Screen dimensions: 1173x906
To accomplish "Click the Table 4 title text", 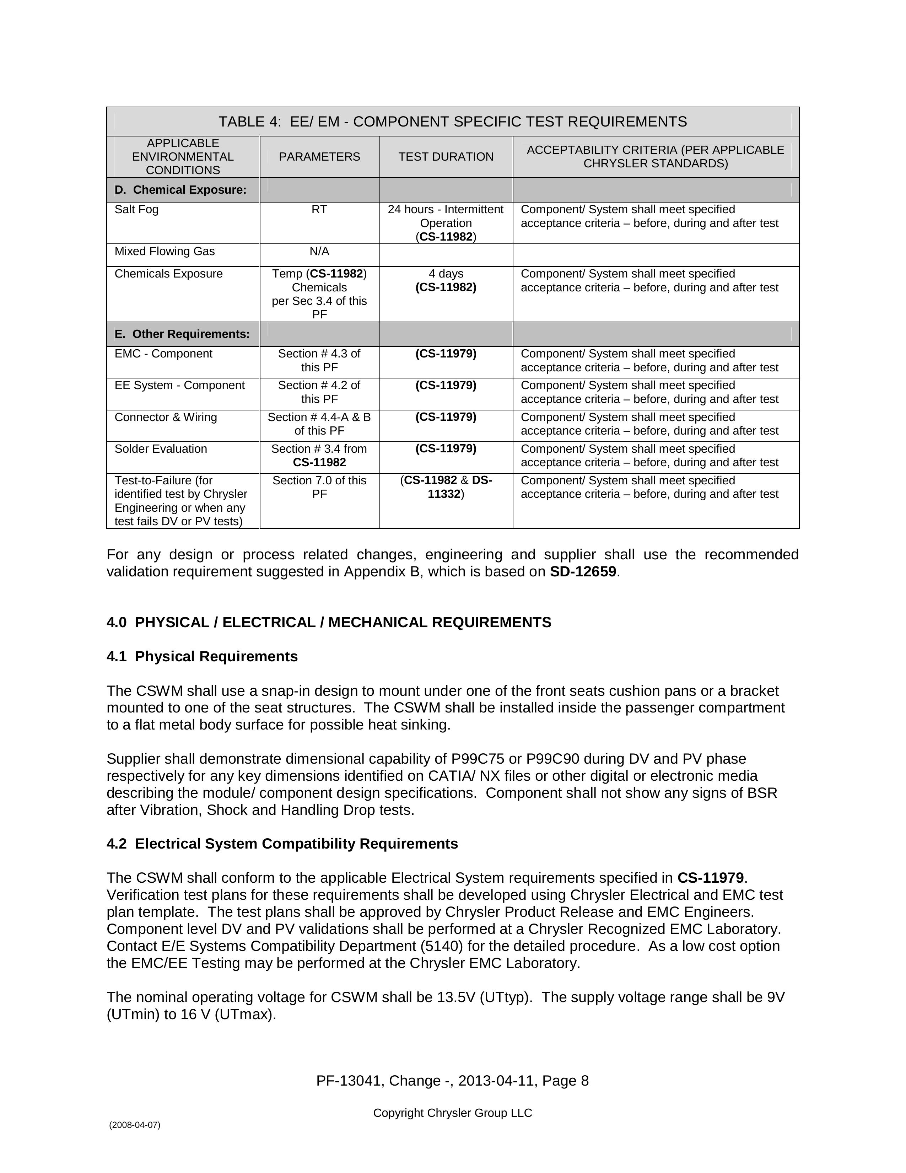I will pyautogui.click(x=452, y=122).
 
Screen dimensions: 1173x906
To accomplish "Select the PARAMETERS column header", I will pyautogui.click(x=319, y=157).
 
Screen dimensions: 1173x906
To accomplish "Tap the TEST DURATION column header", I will pyautogui.click(x=446, y=157).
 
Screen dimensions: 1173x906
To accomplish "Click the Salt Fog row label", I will pyautogui.click(x=136, y=209).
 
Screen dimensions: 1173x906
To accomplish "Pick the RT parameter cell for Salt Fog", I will pyautogui.click(x=319, y=209).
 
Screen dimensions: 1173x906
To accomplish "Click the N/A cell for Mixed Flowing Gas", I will pyautogui.click(x=319, y=251).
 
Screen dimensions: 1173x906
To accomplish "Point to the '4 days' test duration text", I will pyautogui.click(x=446, y=274).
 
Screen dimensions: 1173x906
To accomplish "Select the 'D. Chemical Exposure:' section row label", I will pyautogui.click(x=180, y=190).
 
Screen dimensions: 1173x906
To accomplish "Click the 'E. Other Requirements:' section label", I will pyautogui.click(x=182, y=334).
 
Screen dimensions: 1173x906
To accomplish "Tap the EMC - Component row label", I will pyautogui.click(x=163, y=354).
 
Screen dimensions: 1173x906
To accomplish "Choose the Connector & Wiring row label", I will pyautogui.click(x=166, y=417).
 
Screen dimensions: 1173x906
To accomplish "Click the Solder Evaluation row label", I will pyautogui.click(x=161, y=449).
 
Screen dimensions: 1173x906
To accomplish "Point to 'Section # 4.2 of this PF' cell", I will pyautogui.click(x=319, y=392).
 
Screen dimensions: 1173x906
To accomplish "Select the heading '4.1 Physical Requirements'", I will pyautogui.click(x=202, y=656).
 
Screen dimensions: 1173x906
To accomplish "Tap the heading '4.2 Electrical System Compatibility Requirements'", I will pyautogui.click(x=282, y=844).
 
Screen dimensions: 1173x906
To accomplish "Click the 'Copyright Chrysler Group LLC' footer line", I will pyautogui.click(x=452, y=1113).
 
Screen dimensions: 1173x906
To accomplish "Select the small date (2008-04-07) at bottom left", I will pyautogui.click(x=134, y=1125).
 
